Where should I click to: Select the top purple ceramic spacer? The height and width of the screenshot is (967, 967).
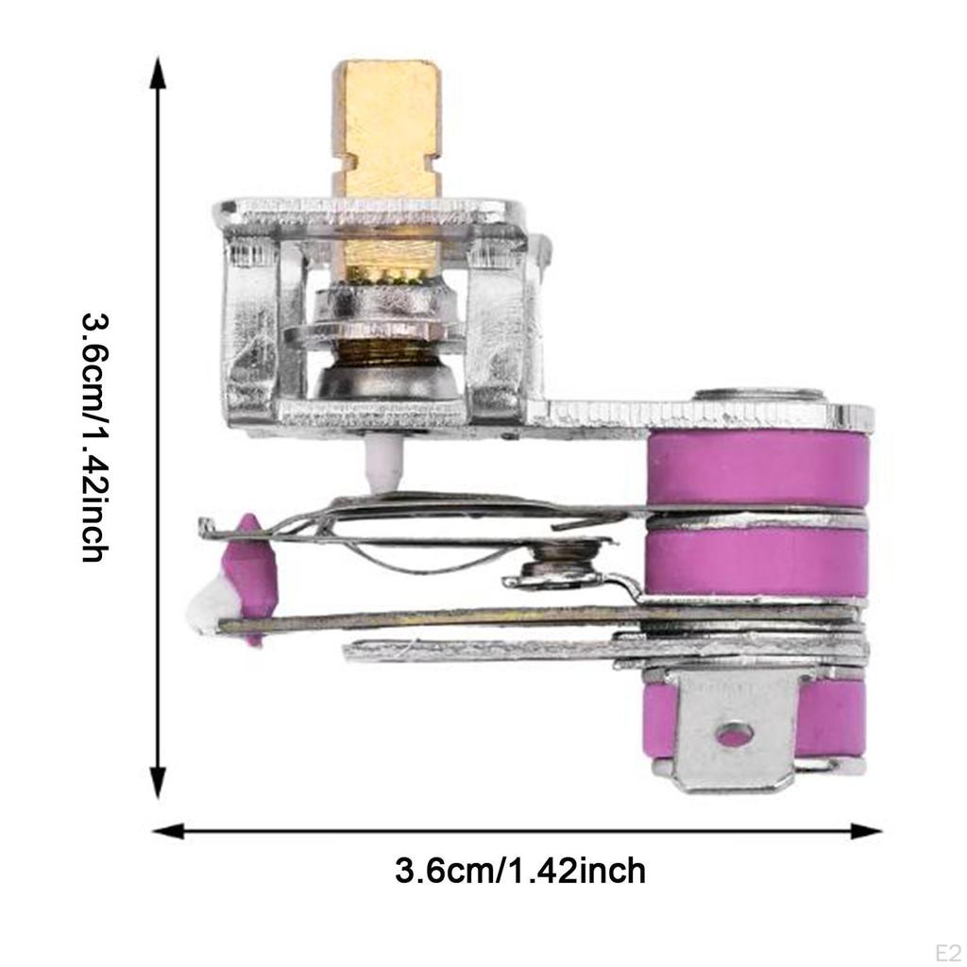(x=758, y=468)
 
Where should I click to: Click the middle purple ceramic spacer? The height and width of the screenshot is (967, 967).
(x=758, y=561)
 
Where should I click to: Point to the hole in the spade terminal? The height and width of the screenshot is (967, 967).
(x=734, y=734)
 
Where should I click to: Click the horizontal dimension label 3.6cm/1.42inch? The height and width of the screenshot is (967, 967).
(x=520, y=871)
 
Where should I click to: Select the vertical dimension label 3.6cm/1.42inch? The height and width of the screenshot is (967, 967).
(x=95, y=438)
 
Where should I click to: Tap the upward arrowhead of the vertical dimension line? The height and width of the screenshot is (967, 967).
(x=159, y=73)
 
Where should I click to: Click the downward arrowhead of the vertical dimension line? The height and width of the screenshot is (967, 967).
(x=159, y=782)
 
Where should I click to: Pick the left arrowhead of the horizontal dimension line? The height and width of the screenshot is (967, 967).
(x=168, y=831)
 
